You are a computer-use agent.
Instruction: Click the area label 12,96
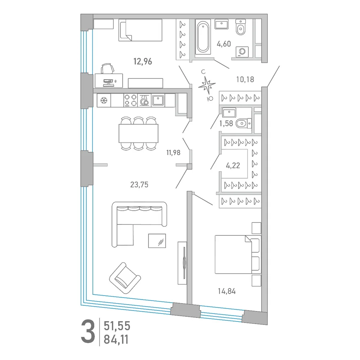pos(143,62)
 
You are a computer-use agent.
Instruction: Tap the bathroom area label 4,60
pos(224,44)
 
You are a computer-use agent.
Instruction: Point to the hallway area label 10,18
pos(245,80)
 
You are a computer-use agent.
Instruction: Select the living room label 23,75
pos(139,184)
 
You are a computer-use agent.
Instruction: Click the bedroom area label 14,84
pos(226,291)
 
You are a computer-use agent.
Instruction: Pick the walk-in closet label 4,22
pos(233,165)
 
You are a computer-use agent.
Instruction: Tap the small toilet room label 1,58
pos(226,123)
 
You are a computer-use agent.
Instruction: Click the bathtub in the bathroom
pos(203,37)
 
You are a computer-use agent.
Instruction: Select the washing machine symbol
pos(242,51)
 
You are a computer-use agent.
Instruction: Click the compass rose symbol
pos(207,85)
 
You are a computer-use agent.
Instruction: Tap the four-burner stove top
pos(130,100)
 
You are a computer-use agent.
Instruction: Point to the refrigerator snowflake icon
pos(104,100)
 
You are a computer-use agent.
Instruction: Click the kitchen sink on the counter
pos(158,100)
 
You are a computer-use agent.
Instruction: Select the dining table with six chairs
pos(139,134)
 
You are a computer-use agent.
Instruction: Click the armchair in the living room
pos(125,278)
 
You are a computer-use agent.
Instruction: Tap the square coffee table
pos(157,241)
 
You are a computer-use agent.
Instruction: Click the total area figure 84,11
pos(116,339)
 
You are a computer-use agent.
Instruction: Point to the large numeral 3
pos(88,332)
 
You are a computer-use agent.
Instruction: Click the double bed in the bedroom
pos(238,255)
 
